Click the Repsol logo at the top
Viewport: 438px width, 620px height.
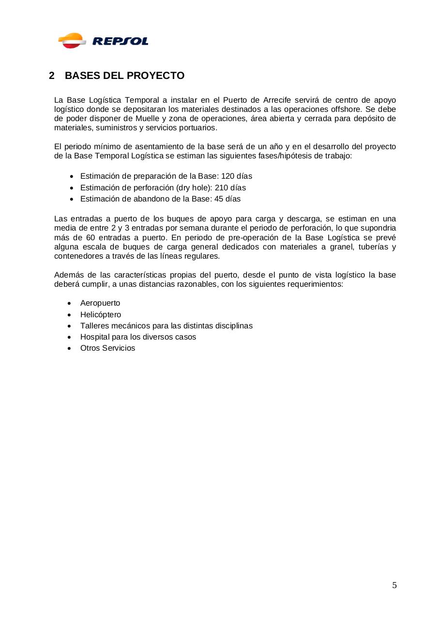point(103,41)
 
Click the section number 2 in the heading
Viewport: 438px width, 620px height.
point(52,76)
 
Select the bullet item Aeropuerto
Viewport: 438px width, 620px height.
point(100,303)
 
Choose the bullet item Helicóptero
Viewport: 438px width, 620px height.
point(101,315)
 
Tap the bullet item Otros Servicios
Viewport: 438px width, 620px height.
point(108,348)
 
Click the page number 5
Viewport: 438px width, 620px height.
point(394,586)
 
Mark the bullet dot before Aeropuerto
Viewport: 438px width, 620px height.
point(71,304)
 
